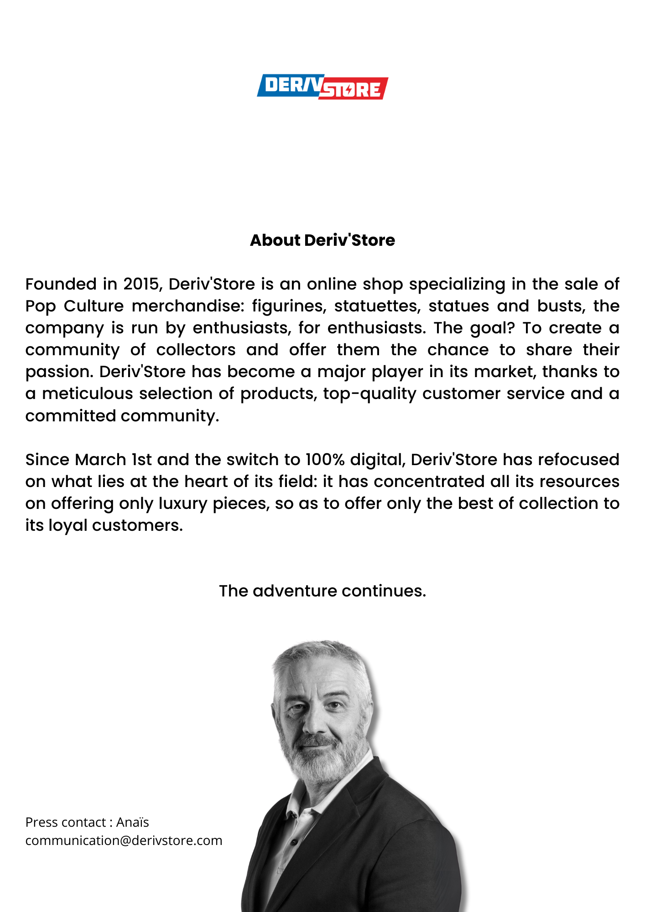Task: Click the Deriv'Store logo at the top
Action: coord(322,87)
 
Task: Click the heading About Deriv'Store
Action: coord(322,240)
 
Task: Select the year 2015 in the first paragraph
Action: coord(140,284)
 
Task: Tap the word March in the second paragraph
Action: coord(100,460)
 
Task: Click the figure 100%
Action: coord(325,460)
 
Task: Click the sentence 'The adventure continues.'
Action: coord(322,591)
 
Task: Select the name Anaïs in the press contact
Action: coord(132,822)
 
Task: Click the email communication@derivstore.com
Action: coord(124,840)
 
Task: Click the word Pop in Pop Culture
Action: coord(40,306)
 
